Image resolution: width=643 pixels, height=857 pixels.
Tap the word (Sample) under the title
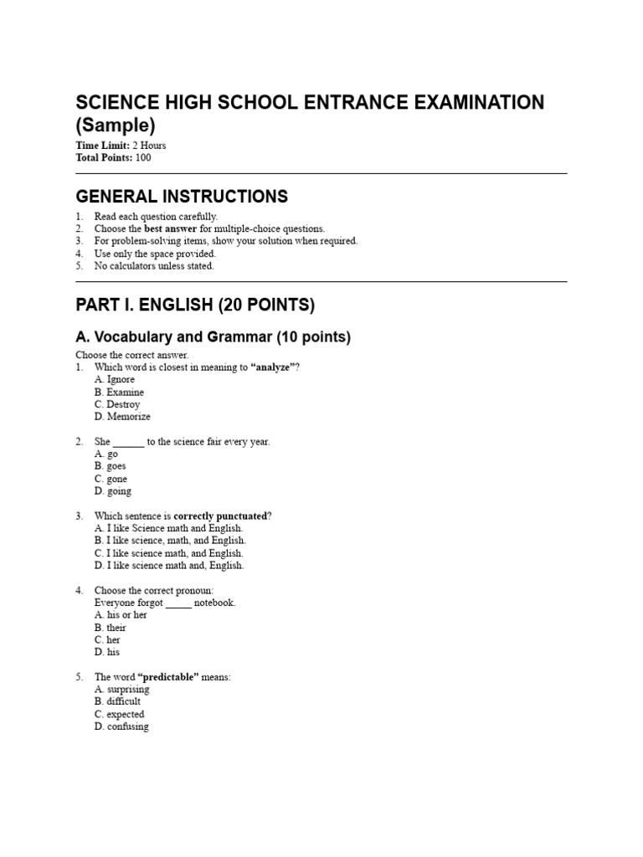click(116, 126)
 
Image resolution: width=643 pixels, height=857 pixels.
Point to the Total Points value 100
click(142, 157)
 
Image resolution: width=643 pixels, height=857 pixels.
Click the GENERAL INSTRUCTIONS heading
click(182, 197)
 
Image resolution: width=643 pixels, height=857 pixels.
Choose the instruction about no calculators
click(154, 266)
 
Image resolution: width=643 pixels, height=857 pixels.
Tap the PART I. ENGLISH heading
click(195, 305)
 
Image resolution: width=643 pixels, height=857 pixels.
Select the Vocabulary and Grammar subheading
click(213, 337)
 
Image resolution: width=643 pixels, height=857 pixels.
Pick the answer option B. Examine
click(119, 392)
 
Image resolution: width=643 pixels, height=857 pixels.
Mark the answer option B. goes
click(111, 466)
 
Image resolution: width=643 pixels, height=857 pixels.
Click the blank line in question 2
click(129, 442)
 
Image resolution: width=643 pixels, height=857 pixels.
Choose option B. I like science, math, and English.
click(170, 541)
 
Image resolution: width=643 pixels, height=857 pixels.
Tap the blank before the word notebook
click(179, 603)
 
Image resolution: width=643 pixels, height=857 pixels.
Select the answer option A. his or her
click(121, 615)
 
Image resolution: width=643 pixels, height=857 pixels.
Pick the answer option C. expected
click(119, 715)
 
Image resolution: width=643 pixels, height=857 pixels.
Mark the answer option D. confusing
click(121, 726)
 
